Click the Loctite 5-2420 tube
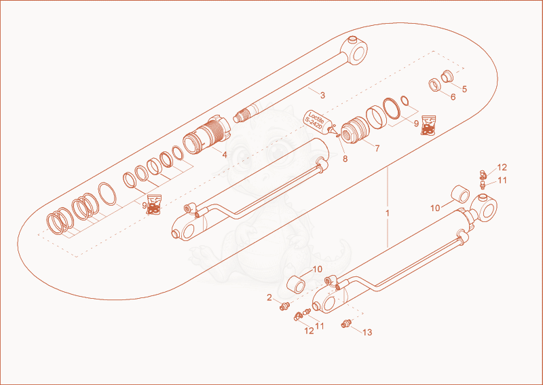(x=319, y=122)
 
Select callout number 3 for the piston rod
(x=322, y=95)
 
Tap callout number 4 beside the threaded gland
(x=225, y=155)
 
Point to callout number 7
(x=377, y=148)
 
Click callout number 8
(x=345, y=159)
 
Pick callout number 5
(x=464, y=89)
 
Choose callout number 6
(x=453, y=97)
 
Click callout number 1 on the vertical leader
(x=388, y=213)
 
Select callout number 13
(x=367, y=332)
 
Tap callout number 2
(x=269, y=297)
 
